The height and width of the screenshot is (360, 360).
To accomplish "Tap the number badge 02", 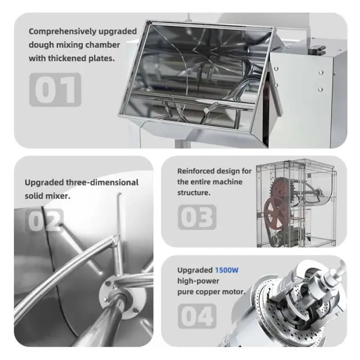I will coord(45,221).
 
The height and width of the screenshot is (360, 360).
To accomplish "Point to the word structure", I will coord(194,193).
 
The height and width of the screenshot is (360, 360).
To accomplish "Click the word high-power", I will coord(198,281).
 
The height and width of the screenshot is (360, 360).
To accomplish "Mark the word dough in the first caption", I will coord(40,45).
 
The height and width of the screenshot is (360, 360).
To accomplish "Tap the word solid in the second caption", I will coord(35,196).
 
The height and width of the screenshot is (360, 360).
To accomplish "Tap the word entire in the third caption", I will coord(206,182).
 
